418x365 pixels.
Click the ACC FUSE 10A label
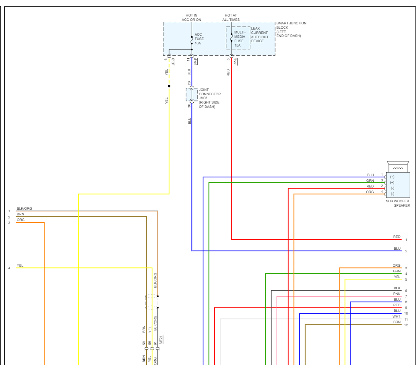point(199,39)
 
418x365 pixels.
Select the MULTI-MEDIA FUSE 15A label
point(240,39)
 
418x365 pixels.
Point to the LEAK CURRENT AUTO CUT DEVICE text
point(259,35)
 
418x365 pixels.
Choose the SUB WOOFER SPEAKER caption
point(398,203)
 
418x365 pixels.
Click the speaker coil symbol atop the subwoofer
point(398,167)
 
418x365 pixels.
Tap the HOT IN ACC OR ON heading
point(193,17)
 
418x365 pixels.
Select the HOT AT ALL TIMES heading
point(231,17)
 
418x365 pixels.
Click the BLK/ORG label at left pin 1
point(24,209)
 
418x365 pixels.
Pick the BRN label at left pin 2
point(20,214)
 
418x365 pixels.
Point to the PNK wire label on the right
point(397,294)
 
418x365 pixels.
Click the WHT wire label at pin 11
point(396,316)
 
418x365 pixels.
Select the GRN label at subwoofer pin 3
point(370,181)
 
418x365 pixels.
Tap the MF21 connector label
point(161,340)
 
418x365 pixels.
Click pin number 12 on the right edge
point(406,325)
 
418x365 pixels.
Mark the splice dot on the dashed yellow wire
point(169,86)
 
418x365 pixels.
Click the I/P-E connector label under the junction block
point(235,61)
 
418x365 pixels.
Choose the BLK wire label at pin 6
point(397,288)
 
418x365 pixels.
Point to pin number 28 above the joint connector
point(189,83)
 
